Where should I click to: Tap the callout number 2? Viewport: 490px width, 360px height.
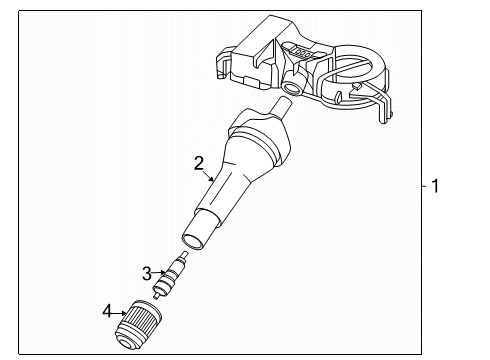point(199,162)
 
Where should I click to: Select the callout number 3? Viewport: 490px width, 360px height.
point(146,272)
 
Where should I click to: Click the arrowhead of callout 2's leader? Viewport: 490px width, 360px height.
point(215,181)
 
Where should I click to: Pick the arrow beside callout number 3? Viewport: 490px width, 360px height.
point(162,273)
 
